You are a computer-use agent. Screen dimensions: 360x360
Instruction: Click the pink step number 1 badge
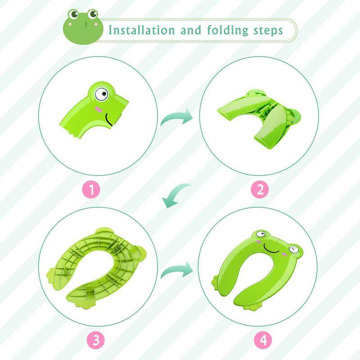coord(91,189)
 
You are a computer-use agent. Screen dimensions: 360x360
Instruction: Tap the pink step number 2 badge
coord(260,189)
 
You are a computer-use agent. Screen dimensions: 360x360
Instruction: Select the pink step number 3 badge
coord(96,340)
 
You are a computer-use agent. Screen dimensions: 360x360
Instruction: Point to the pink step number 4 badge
coord(263,340)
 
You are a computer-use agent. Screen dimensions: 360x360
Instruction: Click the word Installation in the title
coord(142,30)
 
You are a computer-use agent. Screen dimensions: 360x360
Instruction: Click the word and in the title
coord(190,30)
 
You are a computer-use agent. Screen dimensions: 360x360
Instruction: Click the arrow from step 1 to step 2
coord(177,117)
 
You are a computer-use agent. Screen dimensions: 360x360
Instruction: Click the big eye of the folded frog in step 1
coord(102,94)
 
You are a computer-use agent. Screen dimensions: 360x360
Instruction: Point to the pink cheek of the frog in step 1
coord(99,109)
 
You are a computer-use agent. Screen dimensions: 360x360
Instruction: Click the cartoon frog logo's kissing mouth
coord(85,25)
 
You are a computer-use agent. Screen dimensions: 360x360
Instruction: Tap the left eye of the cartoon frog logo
coord(74,14)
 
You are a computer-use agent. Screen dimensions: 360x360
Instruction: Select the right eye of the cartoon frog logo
coord(93,14)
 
